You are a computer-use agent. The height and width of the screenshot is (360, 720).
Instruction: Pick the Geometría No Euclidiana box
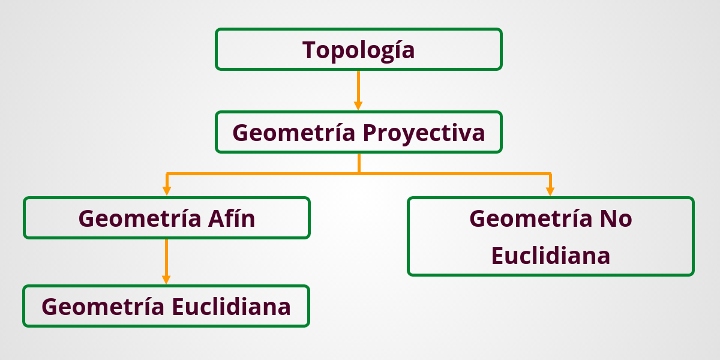[550, 237]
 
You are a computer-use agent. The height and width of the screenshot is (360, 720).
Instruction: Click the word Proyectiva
[424, 133]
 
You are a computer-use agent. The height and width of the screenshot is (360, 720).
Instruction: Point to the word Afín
[232, 218]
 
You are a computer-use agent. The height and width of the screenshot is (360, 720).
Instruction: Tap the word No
[615, 218]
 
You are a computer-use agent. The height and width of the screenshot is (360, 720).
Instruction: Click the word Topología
[358, 50]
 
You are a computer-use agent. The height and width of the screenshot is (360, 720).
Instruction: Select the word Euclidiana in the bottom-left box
[231, 307]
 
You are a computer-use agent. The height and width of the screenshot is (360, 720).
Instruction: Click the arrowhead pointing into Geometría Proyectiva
[358, 106]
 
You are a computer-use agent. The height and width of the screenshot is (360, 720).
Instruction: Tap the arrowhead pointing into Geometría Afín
[167, 191]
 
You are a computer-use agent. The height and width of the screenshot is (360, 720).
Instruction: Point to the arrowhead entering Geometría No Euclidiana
[550, 191]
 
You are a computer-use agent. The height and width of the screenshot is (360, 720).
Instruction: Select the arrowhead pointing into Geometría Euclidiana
[166, 280]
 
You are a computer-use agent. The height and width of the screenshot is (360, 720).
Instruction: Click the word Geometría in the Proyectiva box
[293, 133]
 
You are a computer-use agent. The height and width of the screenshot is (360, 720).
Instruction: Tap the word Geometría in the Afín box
[140, 218]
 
